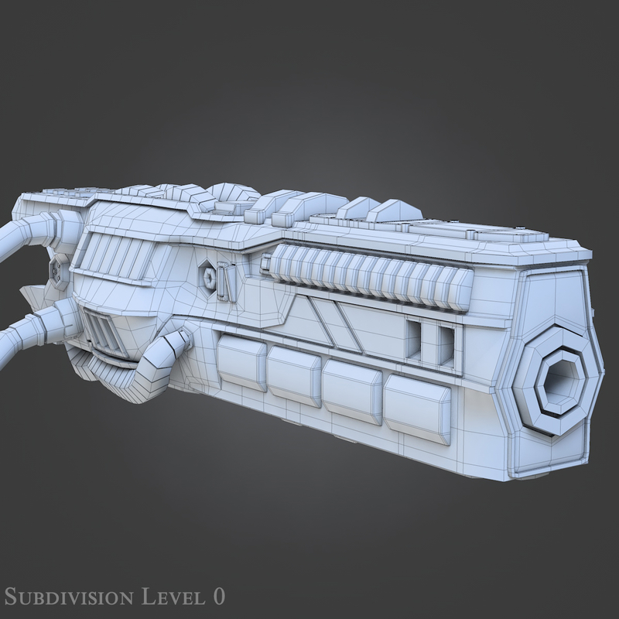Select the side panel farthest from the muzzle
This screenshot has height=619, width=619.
(x=241, y=362)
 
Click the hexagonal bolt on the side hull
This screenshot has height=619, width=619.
(x=207, y=275)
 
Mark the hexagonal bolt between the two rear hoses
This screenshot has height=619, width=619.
(x=57, y=271)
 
